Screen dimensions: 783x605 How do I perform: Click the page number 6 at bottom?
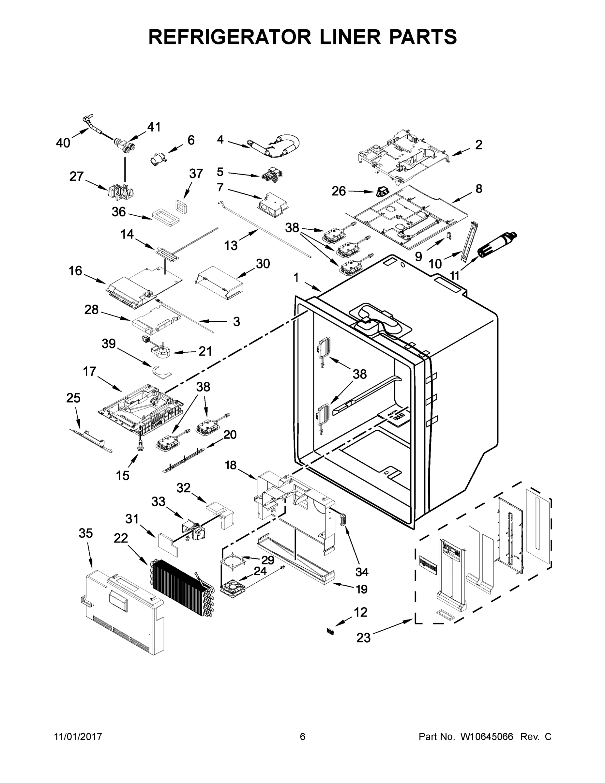(x=303, y=736)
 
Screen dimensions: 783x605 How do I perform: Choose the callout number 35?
(x=86, y=533)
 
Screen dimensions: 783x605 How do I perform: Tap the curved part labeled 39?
(x=161, y=371)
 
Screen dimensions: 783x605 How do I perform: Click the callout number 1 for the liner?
(x=296, y=278)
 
